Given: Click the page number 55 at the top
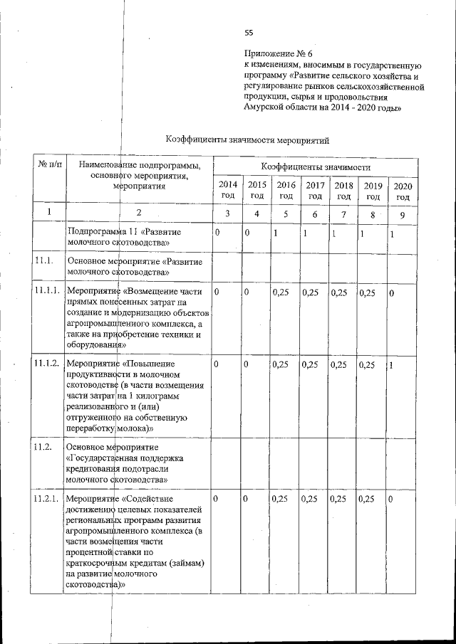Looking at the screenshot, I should [249, 32].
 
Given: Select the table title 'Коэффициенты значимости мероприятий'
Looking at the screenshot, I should [247, 140].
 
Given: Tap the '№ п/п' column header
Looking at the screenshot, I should [48, 165].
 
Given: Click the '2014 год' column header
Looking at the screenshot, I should [227, 190].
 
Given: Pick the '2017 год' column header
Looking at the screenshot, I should [314, 190].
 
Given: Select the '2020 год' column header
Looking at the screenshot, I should [403, 191].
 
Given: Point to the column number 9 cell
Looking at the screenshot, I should [403, 213].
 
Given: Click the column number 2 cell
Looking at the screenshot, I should [139, 213].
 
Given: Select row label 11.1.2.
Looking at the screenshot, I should [45, 364].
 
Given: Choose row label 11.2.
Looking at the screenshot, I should [42, 446].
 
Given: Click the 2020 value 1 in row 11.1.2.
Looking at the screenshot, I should [391, 365].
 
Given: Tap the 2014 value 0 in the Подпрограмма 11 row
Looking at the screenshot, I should [217, 233].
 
